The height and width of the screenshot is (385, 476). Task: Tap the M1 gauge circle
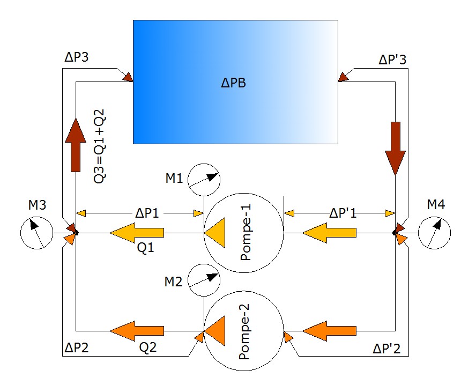pyautogui.click(x=204, y=178)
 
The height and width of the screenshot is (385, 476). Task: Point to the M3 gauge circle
pyautogui.click(x=36, y=233)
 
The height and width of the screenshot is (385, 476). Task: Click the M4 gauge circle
pyautogui.click(x=435, y=233)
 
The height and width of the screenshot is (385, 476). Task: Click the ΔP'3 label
pyautogui.click(x=392, y=59)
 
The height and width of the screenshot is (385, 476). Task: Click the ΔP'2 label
pyautogui.click(x=387, y=349)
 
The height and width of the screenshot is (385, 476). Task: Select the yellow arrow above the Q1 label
pyautogui.click(x=137, y=233)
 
